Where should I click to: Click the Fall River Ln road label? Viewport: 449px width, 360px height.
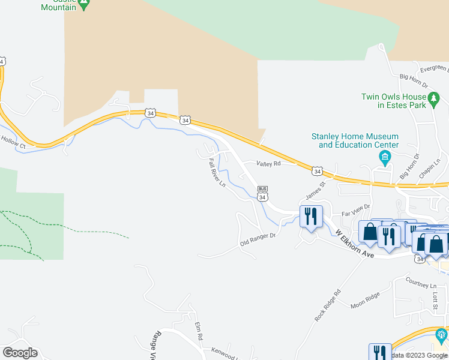[217, 172]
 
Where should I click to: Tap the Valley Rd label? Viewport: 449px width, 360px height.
[269, 163]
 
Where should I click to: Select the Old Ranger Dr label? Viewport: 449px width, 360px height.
[258, 239]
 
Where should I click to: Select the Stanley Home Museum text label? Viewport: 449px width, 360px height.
[354, 140]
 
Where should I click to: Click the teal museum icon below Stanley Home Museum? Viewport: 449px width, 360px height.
[385, 158]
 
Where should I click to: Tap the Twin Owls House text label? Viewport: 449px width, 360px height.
[393, 101]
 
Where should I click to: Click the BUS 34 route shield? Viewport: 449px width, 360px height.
[262, 193]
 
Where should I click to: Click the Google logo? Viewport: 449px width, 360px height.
[20, 353]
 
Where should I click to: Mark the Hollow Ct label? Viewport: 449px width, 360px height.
[13, 144]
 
